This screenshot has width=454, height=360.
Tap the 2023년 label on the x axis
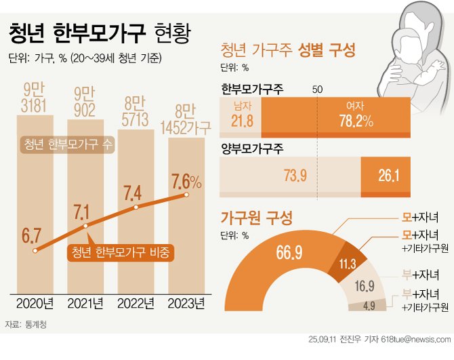coord(186,302)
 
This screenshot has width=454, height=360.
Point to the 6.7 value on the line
coord(32,237)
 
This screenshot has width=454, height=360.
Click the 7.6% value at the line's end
coord(186,182)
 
